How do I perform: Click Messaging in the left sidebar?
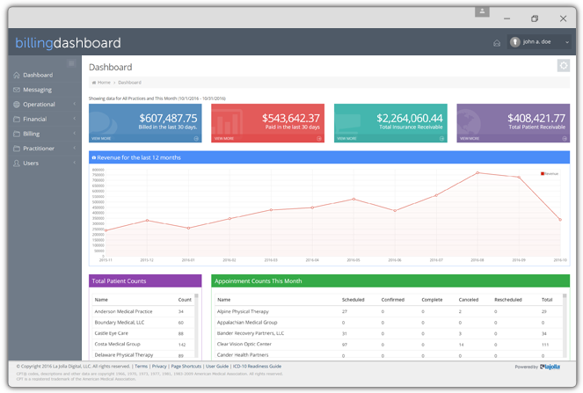point(37,90)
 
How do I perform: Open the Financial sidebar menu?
point(35,119)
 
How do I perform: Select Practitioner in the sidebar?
point(39,149)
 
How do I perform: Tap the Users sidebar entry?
point(31,164)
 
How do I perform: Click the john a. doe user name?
point(536,42)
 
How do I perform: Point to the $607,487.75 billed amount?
point(168,118)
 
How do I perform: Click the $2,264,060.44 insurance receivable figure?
point(410,118)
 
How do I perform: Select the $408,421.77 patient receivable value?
point(536,118)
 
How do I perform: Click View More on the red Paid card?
point(224,138)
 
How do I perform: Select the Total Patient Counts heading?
point(120,281)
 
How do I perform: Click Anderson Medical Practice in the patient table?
point(123,311)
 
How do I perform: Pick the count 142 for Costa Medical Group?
point(182,344)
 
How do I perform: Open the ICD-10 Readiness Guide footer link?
point(258,366)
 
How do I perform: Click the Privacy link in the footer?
point(159,366)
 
